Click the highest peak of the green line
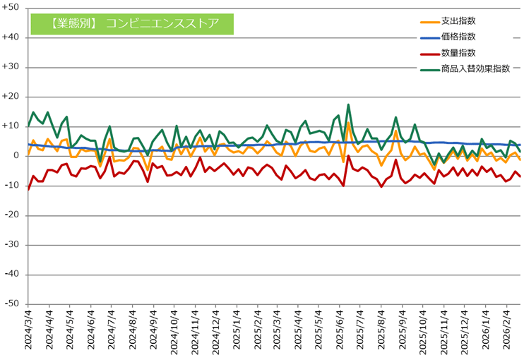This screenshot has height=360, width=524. click(348, 105)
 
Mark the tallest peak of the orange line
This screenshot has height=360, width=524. click(348, 123)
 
